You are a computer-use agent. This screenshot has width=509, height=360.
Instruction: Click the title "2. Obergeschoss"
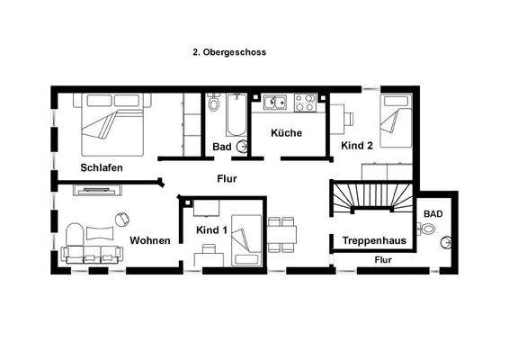(229, 52)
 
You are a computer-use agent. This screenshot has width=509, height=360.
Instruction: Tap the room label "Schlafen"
(102, 168)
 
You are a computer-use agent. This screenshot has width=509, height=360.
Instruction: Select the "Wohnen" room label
(150, 240)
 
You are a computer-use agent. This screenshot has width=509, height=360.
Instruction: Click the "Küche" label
(286, 133)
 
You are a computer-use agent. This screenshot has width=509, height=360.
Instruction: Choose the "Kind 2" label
(356, 144)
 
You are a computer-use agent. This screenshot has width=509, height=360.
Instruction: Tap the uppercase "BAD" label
(433, 213)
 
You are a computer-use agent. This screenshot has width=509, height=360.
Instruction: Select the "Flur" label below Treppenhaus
(382, 260)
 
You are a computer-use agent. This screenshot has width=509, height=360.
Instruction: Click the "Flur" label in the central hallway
(227, 178)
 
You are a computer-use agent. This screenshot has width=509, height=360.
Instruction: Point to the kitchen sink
(274, 102)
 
